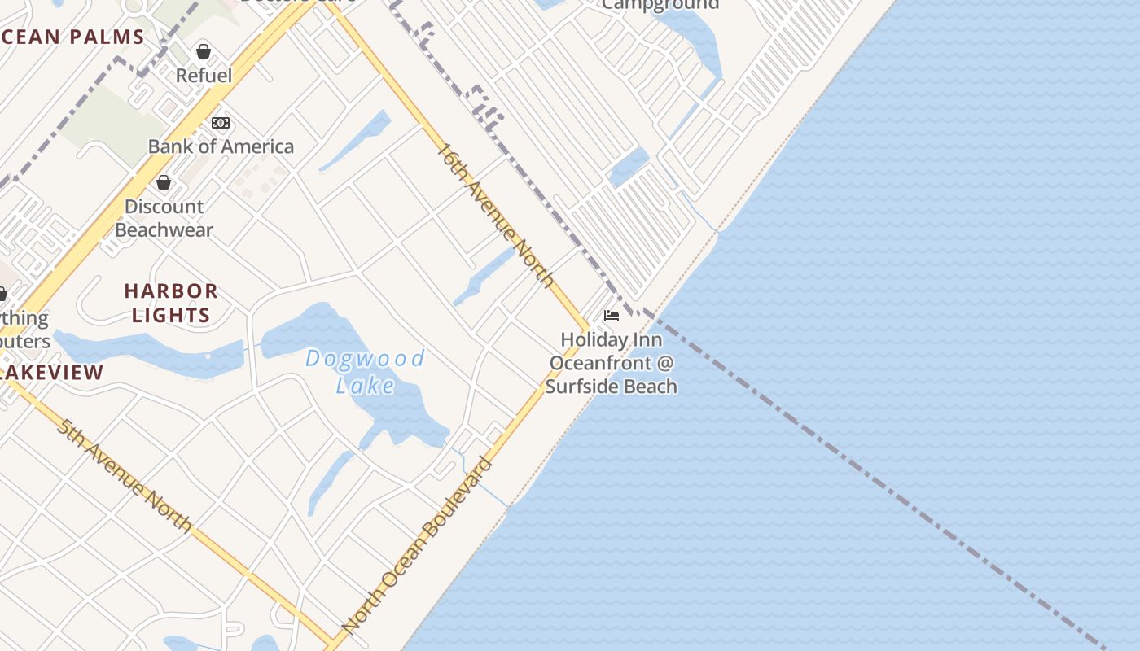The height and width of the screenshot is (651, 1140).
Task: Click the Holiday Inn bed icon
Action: pyautogui.click(x=612, y=316)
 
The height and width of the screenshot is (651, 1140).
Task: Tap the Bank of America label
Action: pyautogui.click(x=221, y=146)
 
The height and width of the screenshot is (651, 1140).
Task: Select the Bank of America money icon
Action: pyautogui.click(x=221, y=123)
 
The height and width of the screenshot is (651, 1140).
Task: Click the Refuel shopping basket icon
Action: pyautogui.click(x=204, y=51)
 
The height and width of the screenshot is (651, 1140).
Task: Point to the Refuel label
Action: pyautogui.click(x=204, y=76)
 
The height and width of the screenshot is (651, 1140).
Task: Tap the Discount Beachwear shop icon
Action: pyautogui.click(x=164, y=182)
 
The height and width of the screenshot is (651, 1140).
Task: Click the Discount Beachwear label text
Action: pyautogui.click(x=164, y=218)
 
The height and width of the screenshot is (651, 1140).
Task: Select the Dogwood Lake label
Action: pyautogui.click(x=365, y=371)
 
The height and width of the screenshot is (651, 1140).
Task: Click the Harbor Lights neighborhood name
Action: pyautogui.click(x=171, y=303)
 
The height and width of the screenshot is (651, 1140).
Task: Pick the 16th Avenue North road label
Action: pyautogui.click(x=496, y=216)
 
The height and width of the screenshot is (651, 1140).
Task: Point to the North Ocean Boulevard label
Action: pyautogui.click(x=418, y=546)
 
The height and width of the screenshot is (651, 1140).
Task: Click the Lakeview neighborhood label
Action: pyautogui.click(x=52, y=373)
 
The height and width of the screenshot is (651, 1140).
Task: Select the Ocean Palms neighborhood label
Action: pyautogui.click(x=72, y=37)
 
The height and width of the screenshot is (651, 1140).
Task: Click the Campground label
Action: pyautogui.click(x=660, y=5)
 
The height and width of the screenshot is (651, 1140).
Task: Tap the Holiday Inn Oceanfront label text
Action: pyautogui.click(x=612, y=362)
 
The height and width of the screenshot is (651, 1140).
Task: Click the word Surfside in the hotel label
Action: pyautogui.click(x=591, y=386)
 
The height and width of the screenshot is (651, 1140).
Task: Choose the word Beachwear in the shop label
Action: pyautogui.click(x=164, y=230)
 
